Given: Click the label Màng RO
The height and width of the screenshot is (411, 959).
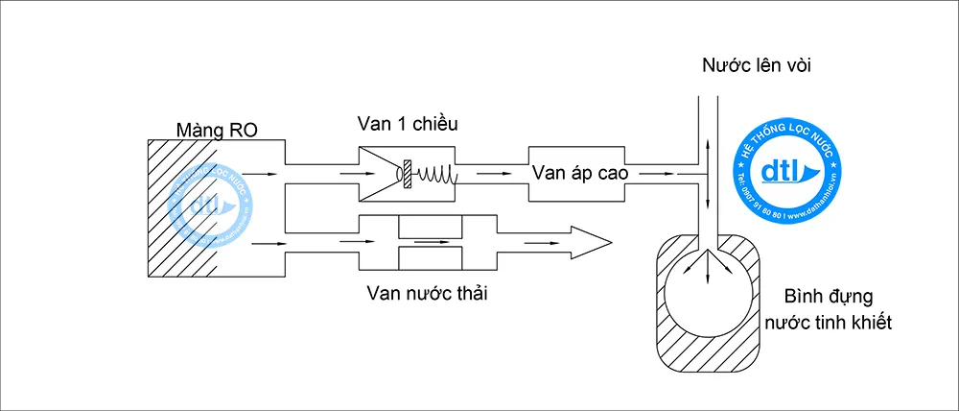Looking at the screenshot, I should click(217, 130).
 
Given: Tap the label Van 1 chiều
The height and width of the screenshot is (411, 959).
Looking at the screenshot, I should click(407, 124).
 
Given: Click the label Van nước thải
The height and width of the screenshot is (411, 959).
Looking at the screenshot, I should click(426, 293).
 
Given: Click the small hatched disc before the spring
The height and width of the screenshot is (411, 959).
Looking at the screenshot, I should click(409, 173).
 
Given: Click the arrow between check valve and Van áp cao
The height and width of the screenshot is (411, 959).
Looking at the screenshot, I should click(491, 174).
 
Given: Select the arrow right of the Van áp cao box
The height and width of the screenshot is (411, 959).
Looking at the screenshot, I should click(660, 174).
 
